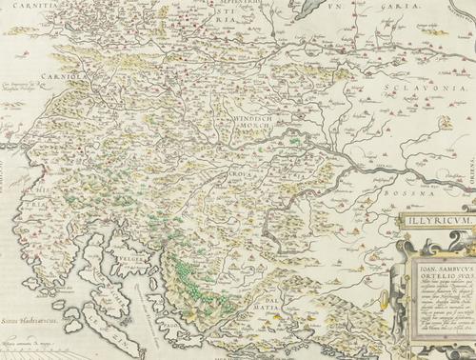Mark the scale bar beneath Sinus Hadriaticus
tap(38, 349)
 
